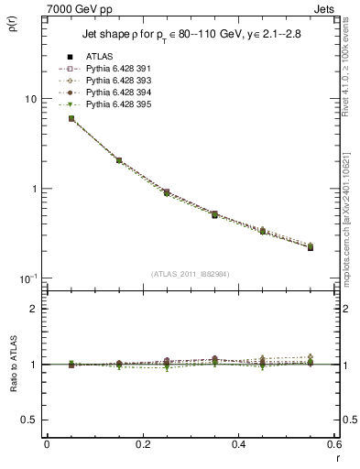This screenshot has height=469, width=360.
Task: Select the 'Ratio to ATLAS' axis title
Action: (x=14, y=361)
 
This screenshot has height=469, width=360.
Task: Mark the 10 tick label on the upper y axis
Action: (x=32, y=99)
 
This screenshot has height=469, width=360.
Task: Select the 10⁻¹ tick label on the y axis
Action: (x=29, y=278)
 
